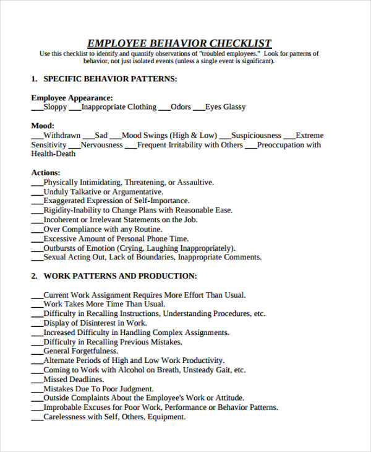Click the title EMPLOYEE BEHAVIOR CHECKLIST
(x=179, y=43)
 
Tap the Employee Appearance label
(x=72, y=98)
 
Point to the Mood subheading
(x=43, y=126)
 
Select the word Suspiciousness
(x=257, y=136)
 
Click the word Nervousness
(x=102, y=145)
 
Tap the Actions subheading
(x=46, y=173)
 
